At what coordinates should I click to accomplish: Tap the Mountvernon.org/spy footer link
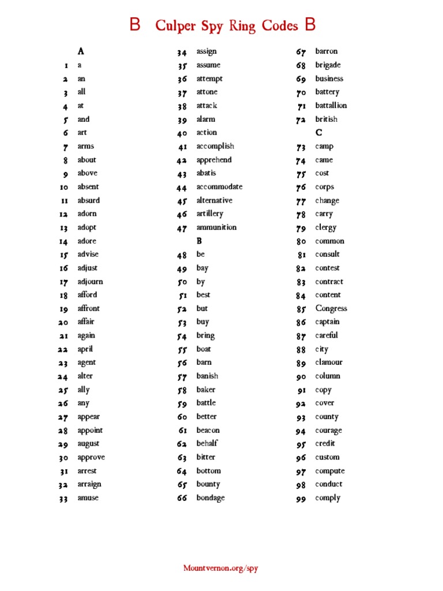coord(221,568)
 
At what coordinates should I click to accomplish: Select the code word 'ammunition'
coord(216,227)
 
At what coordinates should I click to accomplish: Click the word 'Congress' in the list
coord(331,309)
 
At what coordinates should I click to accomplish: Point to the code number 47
coord(182,228)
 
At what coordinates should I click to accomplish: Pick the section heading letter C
coord(319,133)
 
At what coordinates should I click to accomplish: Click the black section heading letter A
coord(81,51)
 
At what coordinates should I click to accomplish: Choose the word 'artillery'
coord(209,214)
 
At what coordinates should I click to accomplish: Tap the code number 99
coord(301,499)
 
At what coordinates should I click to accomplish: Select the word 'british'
coord(326,119)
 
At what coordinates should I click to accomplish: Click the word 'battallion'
coord(331,106)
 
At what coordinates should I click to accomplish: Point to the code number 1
coord(66,66)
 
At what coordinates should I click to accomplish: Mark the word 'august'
coord(88,444)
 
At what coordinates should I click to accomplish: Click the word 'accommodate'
coord(219,187)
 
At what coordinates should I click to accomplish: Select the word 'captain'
coord(327,322)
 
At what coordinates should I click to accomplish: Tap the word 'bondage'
coord(211,498)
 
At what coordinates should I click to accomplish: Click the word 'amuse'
coord(88,498)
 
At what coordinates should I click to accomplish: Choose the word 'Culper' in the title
coord(175,26)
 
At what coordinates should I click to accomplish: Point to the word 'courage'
coord(328,431)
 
